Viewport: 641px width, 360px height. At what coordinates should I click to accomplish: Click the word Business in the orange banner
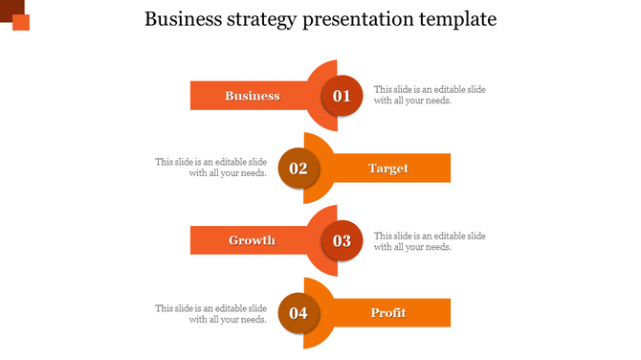[x=252, y=96]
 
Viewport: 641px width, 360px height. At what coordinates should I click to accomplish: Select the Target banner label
[x=388, y=169]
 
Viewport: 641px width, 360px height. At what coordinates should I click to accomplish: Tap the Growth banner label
[x=252, y=240]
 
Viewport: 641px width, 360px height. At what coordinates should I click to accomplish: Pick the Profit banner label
[x=388, y=313]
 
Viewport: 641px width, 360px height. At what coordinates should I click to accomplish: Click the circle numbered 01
[x=342, y=96]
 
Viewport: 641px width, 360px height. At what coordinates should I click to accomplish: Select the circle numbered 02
[x=298, y=169]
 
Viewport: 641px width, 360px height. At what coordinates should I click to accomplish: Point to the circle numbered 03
[x=342, y=241]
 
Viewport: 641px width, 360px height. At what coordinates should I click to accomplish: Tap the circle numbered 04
[x=298, y=313]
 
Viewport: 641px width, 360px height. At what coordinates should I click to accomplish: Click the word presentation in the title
[x=359, y=19]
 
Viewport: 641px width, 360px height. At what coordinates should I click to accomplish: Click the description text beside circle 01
[x=430, y=95]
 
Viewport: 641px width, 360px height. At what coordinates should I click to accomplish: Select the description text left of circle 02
[x=211, y=168]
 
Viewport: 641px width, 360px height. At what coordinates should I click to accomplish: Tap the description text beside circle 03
[x=430, y=241]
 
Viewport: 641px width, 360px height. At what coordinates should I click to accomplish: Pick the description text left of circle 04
[x=211, y=314]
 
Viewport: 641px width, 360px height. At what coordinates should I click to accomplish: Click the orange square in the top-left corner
[x=21, y=23]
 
